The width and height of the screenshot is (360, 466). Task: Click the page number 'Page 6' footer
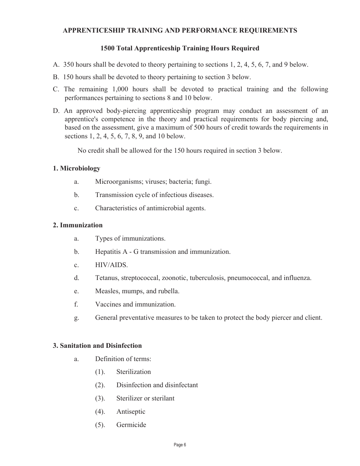point(180,445)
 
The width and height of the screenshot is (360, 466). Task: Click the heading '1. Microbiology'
point(77,168)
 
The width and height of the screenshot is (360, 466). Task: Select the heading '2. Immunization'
point(78,225)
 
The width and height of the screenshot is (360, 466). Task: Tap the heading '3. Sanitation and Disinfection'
point(97,346)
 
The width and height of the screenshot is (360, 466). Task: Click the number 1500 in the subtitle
point(108,48)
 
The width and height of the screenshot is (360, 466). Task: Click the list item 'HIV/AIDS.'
point(111,265)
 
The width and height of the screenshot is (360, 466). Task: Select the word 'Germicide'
point(131,425)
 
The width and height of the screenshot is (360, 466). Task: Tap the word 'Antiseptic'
point(131,411)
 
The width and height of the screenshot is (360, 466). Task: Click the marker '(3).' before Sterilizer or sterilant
point(100,398)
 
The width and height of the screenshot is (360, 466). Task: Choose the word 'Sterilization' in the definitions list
point(133,372)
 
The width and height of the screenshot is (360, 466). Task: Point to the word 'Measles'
point(106,291)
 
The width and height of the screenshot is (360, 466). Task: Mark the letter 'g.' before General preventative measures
point(77,317)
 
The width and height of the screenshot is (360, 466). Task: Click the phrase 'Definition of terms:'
point(123,359)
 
